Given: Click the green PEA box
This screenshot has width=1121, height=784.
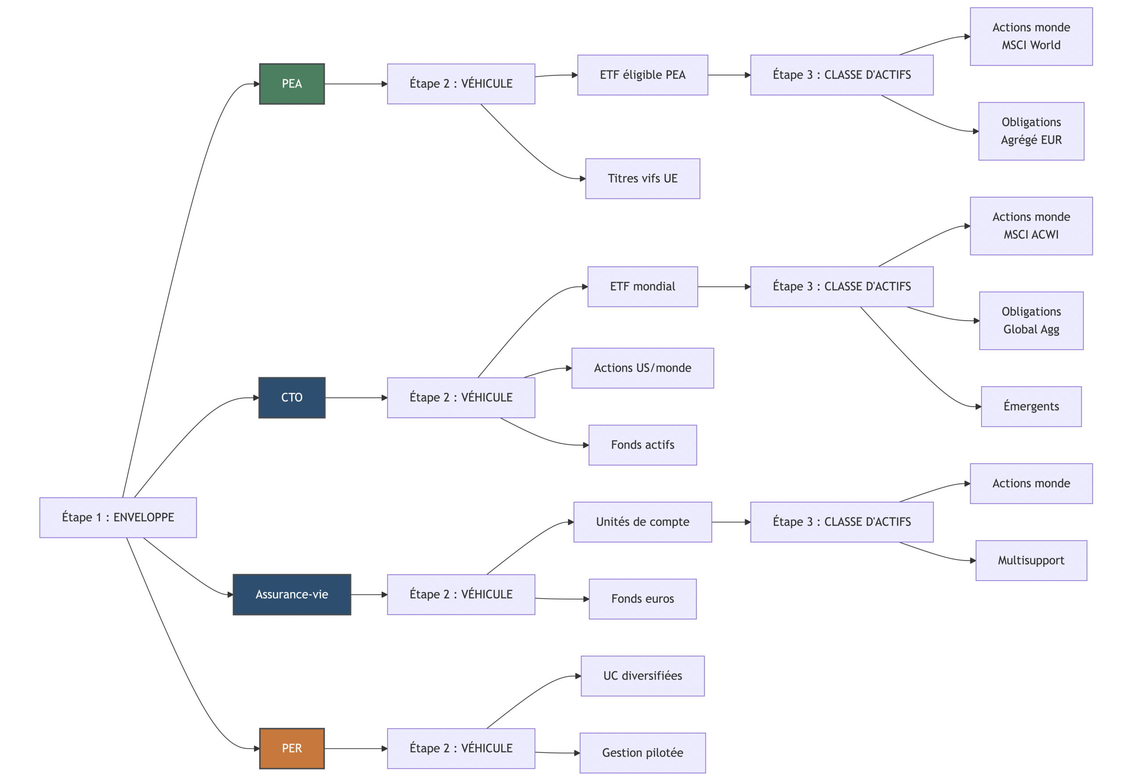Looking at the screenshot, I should point(292,84).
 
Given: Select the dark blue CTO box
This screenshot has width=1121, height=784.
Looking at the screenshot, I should point(292,397).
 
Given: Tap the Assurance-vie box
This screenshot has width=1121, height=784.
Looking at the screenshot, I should point(292,594).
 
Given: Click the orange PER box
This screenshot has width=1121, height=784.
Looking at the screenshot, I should point(292,748).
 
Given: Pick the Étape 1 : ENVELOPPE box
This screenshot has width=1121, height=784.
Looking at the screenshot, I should point(118,517).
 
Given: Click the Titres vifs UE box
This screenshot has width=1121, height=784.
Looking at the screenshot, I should point(642,178).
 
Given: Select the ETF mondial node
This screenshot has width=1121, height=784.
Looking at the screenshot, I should point(642,287).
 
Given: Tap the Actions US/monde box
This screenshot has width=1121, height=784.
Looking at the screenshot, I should point(642,367).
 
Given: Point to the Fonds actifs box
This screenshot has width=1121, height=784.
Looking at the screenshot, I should point(642,445).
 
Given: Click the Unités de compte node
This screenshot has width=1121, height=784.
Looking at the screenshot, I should point(642,522).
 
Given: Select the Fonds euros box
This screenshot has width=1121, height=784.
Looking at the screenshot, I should point(642,598).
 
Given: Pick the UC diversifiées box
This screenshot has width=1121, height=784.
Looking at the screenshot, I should point(642,676).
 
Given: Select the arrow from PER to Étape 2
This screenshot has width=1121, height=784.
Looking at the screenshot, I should point(355,748).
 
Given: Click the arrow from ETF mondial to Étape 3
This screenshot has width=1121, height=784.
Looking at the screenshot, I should point(724,287).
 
